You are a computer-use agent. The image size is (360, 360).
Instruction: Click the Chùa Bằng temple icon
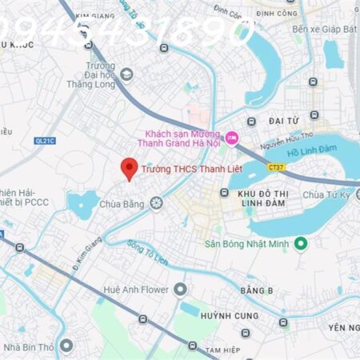coord(156,203)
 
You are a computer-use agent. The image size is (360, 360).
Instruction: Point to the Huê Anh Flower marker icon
coord(180,289)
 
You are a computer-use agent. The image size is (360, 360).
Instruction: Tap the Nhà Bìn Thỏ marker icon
coord(66,346)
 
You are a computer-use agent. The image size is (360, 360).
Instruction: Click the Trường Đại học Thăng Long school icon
coord(126,74)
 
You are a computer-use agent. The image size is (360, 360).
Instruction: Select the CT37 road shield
coord(276,167)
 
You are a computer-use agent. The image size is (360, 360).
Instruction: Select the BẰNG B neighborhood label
coord(256,289)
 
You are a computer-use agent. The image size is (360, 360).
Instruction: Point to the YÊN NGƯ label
coord(342,328)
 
